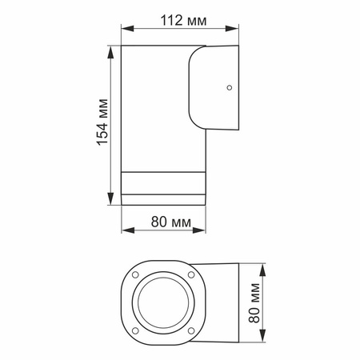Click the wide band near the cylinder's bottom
pos(162,185)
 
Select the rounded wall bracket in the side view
pos(214,88)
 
